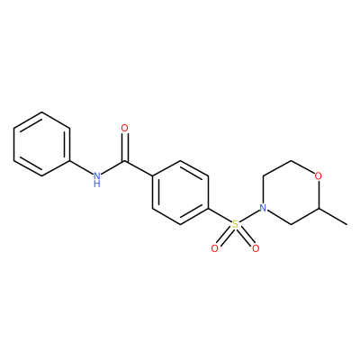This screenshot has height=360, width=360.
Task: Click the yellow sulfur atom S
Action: [x=235, y=224]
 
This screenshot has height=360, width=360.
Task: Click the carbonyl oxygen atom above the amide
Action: [x=124, y=129]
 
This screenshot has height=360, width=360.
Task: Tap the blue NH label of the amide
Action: [x=96, y=179]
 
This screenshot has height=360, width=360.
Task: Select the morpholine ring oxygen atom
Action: [x=319, y=175]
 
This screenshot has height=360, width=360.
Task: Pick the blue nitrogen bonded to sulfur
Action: [x=263, y=208]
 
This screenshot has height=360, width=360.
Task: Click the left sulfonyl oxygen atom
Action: [x=214, y=248]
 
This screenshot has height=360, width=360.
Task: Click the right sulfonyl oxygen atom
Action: [x=256, y=248]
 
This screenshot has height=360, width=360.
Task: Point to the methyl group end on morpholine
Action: [x=347, y=224]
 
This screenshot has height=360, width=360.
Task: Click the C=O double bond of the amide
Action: [x=124, y=148]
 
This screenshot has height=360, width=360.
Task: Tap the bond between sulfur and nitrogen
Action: [x=249, y=216]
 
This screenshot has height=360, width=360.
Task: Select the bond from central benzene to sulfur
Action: [x=220, y=215]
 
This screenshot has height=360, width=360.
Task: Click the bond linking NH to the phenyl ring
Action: [x=81, y=167]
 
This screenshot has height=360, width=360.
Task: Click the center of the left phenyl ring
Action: [x=41, y=144]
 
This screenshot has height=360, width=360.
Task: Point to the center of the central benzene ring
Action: [x=180, y=192]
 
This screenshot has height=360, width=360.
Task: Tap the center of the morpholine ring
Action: [x=291, y=192]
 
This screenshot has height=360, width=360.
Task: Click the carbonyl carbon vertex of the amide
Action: [x=124, y=162]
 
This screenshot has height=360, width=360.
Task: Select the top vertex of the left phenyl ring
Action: [x=41, y=112]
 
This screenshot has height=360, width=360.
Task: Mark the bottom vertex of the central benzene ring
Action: [x=180, y=224]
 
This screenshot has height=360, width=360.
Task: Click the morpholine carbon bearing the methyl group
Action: [x=319, y=208]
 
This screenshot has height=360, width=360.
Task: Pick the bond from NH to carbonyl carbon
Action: [x=112, y=168]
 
